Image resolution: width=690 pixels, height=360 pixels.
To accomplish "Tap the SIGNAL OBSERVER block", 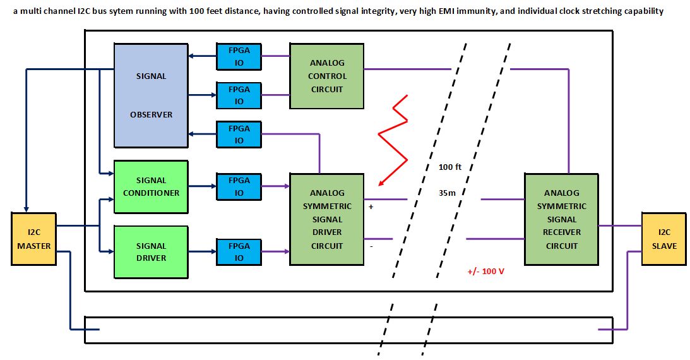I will [x=151, y=95].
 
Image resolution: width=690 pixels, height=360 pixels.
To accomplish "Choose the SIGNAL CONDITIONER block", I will [x=151, y=186].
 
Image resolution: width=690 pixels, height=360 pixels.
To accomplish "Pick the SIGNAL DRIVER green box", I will [x=151, y=251].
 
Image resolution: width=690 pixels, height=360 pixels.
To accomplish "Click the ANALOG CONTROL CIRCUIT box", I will [x=326, y=76].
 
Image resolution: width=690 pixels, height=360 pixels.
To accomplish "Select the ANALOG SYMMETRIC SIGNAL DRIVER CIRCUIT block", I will [x=326, y=219].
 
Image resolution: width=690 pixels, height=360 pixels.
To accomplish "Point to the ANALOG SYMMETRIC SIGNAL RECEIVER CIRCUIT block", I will [x=561, y=219].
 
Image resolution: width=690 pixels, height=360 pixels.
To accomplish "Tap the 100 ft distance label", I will [x=449, y=167].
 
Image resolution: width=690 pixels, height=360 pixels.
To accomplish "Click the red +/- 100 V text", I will [x=485, y=272].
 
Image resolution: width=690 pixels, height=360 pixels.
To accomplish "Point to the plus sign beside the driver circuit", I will [x=371, y=207].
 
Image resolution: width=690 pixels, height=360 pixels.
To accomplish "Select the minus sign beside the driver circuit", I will [x=371, y=246].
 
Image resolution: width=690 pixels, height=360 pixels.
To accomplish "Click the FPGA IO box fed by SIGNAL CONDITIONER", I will [x=239, y=186].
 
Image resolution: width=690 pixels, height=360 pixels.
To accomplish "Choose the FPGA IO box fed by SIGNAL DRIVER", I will [x=239, y=251].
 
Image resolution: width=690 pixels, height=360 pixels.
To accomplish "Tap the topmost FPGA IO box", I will [x=239, y=56].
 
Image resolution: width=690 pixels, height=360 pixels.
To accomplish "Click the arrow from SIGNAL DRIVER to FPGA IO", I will [x=202, y=251].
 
